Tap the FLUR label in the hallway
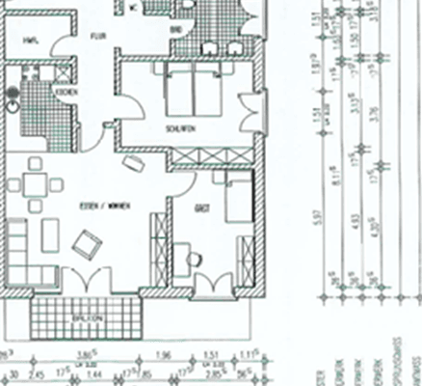pos(98,36)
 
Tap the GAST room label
pos(201,207)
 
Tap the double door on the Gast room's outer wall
pos(214,286)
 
